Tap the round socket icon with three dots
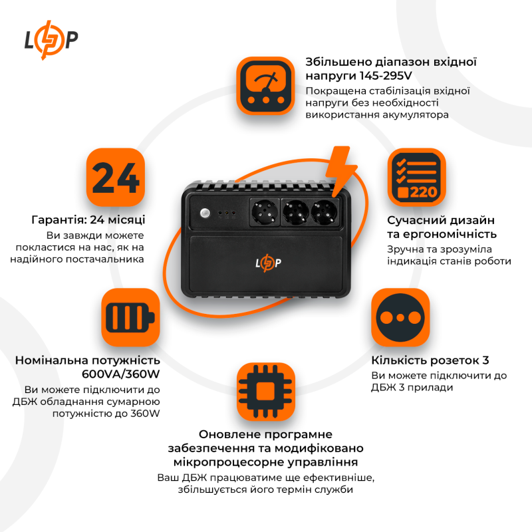pyautogui.click(x=400, y=317)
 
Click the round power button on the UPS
pyautogui.click(x=204, y=214)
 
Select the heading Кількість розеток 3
pyautogui.click(x=430, y=360)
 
